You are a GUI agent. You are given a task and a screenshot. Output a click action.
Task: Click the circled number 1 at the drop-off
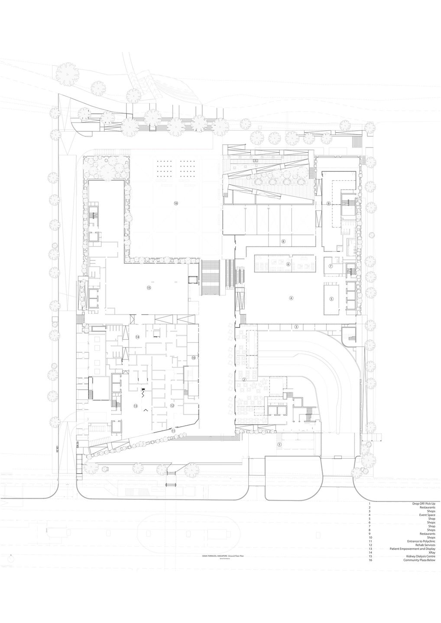pyautogui.click(x=279, y=444)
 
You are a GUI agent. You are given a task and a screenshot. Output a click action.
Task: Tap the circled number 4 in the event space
pyautogui.click(x=291, y=298)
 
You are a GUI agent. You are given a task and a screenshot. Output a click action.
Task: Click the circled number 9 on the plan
pyautogui.click(x=328, y=203)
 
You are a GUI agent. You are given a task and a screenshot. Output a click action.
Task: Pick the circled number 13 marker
pyautogui.click(x=136, y=406)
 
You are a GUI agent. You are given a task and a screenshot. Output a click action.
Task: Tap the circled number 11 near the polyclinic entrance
pyautogui.click(x=173, y=431)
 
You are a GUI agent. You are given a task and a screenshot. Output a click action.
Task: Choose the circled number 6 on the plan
pyautogui.click(x=288, y=264)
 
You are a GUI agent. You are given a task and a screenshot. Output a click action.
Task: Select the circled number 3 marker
pyautogui.click(x=296, y=327)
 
